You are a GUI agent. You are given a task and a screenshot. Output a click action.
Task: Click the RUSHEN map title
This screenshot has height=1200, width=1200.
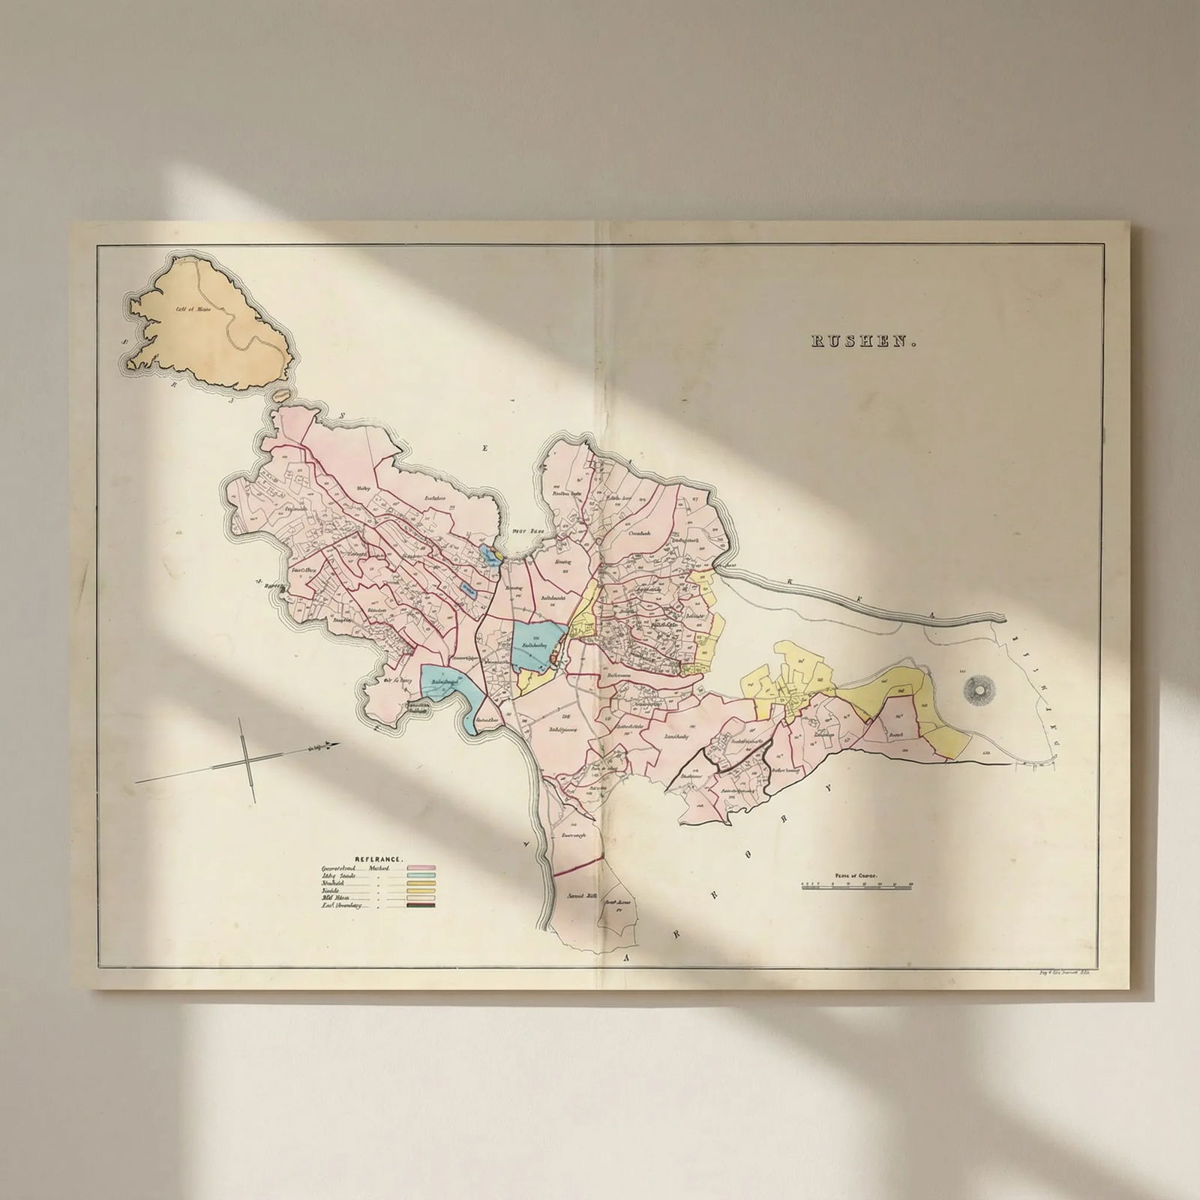coord(863,340)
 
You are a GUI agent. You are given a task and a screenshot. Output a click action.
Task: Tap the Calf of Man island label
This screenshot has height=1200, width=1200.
coord(192,309)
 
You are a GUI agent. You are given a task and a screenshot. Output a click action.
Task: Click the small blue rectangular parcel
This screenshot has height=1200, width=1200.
coord(469,589)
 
